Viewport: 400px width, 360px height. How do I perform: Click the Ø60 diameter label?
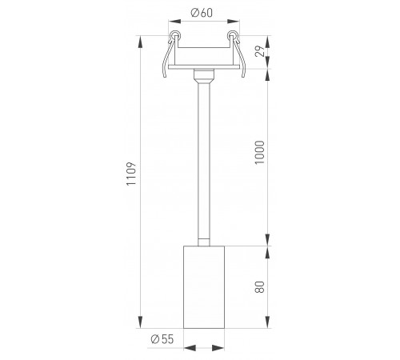[202, 13]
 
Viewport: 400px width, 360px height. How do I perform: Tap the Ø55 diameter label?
[162, 339]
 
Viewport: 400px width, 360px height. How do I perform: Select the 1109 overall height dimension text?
[131, 174]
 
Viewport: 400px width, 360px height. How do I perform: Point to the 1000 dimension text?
[259, 153]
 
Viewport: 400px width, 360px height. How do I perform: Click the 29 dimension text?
[260, 51]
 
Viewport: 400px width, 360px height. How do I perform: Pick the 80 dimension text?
[259, 287]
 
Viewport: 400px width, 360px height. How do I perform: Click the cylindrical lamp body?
[204, 287]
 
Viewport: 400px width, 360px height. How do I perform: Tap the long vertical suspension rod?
[204, 162]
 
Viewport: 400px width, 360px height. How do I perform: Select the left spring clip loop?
[174, 35]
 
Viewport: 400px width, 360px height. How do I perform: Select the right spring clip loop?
[232, 35]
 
